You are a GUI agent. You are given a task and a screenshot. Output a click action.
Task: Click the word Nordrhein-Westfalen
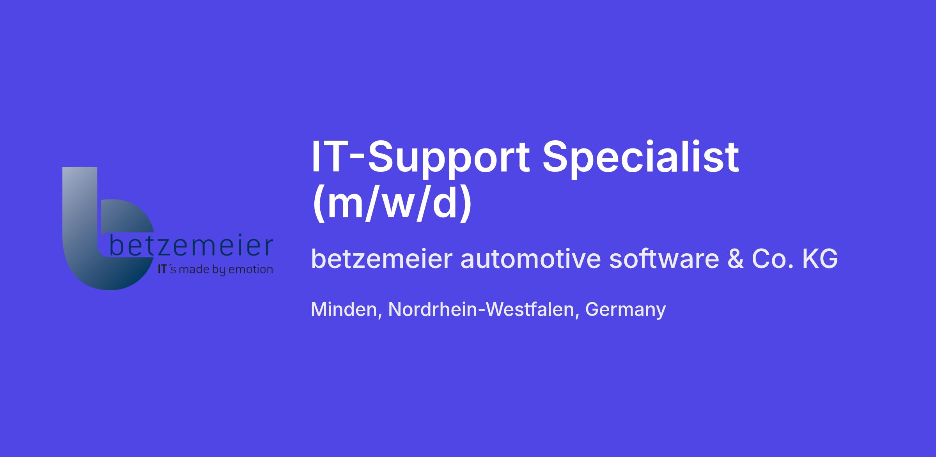coord(481,309)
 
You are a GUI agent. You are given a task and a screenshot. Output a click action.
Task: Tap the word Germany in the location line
coord(626,310)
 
